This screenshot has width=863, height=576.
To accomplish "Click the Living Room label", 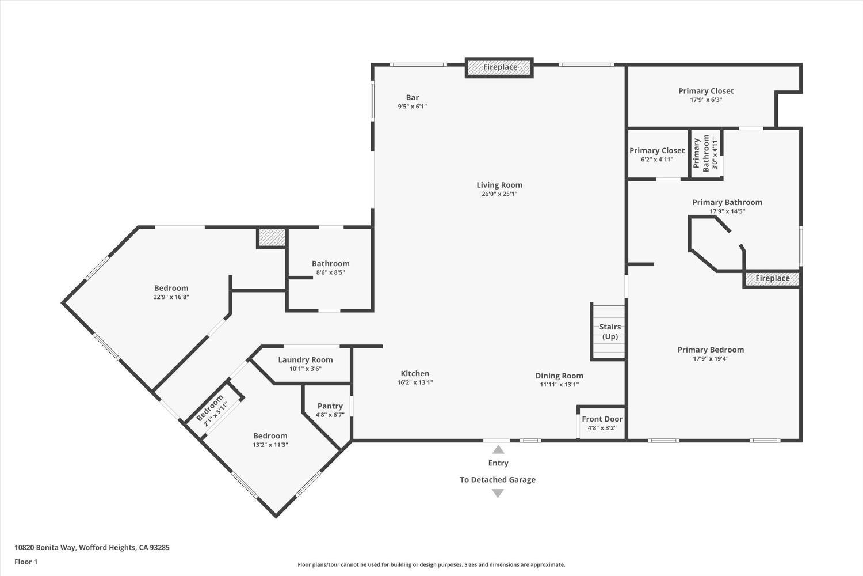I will point(499,185).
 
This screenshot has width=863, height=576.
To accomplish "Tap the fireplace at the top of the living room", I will point(499,67).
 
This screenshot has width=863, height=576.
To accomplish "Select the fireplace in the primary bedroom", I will point(772,279).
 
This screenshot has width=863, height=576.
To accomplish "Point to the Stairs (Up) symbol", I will point(609,332).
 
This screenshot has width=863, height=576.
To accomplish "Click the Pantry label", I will point(330,406).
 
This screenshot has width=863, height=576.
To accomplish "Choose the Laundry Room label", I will point(306,360).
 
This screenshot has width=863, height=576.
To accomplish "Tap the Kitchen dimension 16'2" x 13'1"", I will point(415,382).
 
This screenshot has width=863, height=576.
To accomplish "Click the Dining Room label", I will point(559,376).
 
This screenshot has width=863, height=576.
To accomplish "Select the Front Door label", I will point(602,419).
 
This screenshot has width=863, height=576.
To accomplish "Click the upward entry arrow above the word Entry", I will point(498,450).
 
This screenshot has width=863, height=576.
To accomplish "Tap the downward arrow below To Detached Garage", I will point(498,493).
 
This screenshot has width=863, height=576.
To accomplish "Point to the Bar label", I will point(413,98).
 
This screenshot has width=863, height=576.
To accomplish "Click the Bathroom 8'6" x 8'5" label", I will point(331,264).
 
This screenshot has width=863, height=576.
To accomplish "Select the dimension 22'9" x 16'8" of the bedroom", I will point(171,297).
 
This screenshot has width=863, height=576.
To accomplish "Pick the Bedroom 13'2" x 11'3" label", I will point(270,436).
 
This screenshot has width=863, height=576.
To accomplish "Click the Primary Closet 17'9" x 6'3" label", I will point(706,91).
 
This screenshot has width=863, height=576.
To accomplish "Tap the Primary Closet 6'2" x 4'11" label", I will point(657,151).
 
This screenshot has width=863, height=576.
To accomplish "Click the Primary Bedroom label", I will point(711,350).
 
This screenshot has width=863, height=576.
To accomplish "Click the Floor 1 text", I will point(26,562).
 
